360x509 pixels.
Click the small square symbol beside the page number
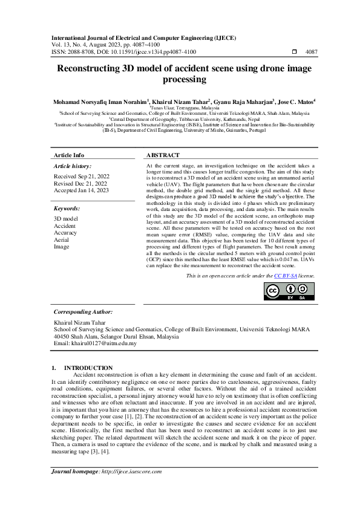pos(295,52)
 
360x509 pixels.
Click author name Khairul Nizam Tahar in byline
pos(180,102)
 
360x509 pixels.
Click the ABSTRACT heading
pos(163,155)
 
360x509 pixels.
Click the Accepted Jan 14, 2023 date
pos(81,190)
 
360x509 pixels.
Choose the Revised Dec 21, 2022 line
pos(80,183)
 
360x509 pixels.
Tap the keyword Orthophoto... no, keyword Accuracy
pos(65,232)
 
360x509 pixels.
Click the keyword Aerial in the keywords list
pos(62,239)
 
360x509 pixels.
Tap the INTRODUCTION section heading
pos(88,368)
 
